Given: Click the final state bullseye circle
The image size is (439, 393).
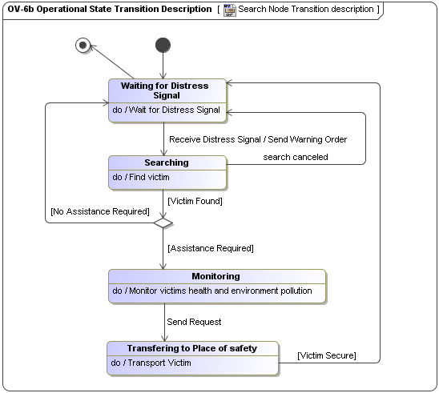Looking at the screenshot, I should tap(82, 45).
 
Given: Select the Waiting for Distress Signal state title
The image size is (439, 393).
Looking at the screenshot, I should tap(164, 90).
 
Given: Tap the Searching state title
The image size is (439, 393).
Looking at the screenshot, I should tap(166, 162).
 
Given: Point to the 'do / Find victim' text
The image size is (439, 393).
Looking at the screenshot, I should tap(141, 177).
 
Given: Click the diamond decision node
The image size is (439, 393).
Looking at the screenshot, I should tap(163, 223).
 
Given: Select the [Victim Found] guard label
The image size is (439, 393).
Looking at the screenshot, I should tap(194, 201).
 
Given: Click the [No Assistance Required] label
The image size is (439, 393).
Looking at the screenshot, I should tap(99, 211).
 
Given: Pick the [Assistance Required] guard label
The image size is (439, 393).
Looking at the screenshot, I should tap(210, 248).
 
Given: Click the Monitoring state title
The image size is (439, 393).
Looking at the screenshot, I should tap(215, 276).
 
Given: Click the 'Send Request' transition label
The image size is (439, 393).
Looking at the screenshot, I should tap(194, 322).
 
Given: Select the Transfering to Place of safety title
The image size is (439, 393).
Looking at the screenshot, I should tap(191, 348).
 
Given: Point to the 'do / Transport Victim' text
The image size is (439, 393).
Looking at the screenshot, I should tap(151, 363).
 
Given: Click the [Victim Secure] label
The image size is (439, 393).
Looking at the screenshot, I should tap(327, 355).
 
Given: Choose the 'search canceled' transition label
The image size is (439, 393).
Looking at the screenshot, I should tap(296, 157).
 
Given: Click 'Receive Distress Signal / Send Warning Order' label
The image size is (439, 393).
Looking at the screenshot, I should tap(258, 139).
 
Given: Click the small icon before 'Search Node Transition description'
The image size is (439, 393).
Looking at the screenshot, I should tap(229, 10).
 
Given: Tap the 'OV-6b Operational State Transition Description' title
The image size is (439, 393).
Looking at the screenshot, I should tap(110, 10).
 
